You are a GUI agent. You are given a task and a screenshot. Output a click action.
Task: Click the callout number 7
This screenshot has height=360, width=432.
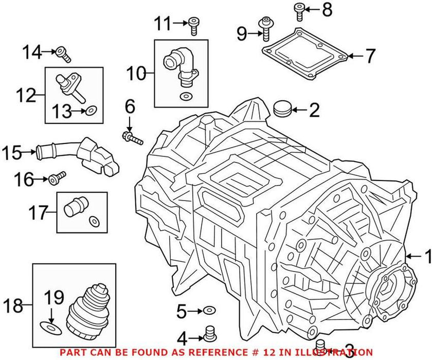click(370, 56)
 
